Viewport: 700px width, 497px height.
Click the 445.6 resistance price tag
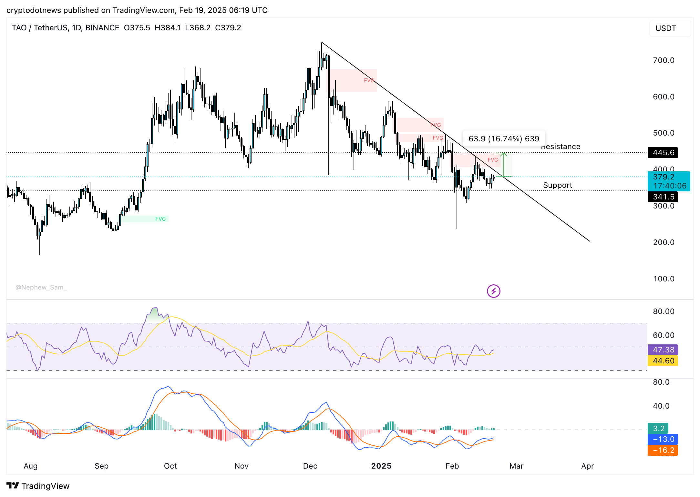663,153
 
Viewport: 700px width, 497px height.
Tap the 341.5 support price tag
663,197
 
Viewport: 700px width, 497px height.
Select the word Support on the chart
557,185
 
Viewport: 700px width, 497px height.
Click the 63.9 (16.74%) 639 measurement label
504,139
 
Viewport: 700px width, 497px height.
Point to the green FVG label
160,219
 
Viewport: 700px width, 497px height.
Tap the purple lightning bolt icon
493,291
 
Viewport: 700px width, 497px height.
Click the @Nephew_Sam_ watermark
41,288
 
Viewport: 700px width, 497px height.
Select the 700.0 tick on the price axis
664,60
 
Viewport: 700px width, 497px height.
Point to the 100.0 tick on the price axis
664,279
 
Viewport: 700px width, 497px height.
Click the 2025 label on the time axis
381,466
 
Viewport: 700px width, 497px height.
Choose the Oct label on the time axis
170,466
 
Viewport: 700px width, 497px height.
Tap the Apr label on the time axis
587,466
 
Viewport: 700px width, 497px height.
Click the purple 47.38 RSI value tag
663,350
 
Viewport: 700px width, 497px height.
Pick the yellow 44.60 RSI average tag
663,361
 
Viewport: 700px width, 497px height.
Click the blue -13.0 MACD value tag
663,439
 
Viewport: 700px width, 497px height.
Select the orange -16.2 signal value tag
663,450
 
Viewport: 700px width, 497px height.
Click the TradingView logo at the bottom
38,486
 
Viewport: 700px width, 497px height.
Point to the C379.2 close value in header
228,28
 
